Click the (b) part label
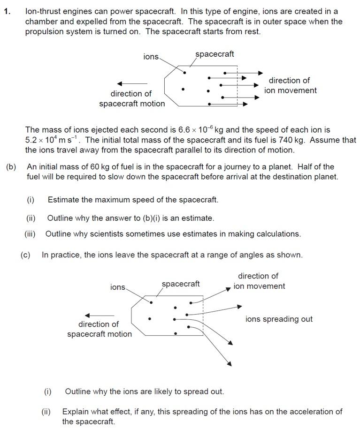tap(11, 166)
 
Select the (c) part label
tap(25, 255)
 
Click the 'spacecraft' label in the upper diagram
tap(214, 54)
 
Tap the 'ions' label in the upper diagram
tap(151, 56)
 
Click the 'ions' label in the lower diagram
tap(118, 287)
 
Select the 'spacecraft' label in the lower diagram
tap(181, 284)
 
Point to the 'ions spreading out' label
tap(279, 319)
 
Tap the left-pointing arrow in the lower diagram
tap(99, 315)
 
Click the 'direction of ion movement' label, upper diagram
tap(290, 85)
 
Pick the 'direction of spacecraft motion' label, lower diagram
tap(99, 329)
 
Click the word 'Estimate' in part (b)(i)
tap(64, 200)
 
